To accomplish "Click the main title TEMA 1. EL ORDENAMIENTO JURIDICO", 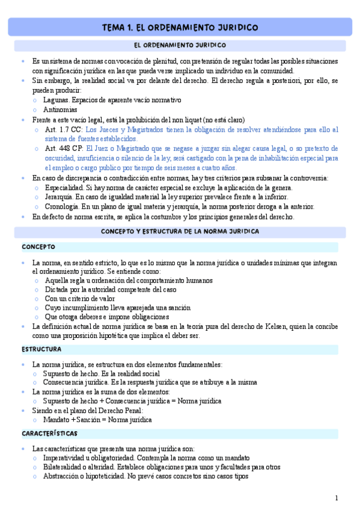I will pos(180,28).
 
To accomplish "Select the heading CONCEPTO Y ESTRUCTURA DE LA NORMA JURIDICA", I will pos(180,231).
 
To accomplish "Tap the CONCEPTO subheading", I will pos(38,247).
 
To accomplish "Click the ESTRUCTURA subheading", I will pos(41,349).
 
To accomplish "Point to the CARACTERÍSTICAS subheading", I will pos(49,433).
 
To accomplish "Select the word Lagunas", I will pos(56,100).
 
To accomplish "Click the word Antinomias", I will pos(60,109).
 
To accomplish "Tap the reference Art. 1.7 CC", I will pos(64,129).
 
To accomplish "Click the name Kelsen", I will pos(276,327).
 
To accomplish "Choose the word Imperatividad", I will pos(67,458).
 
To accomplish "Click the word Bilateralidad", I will pos(66,467).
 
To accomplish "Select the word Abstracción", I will pos(64,476).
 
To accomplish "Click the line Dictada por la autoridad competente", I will pos(111,289).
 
